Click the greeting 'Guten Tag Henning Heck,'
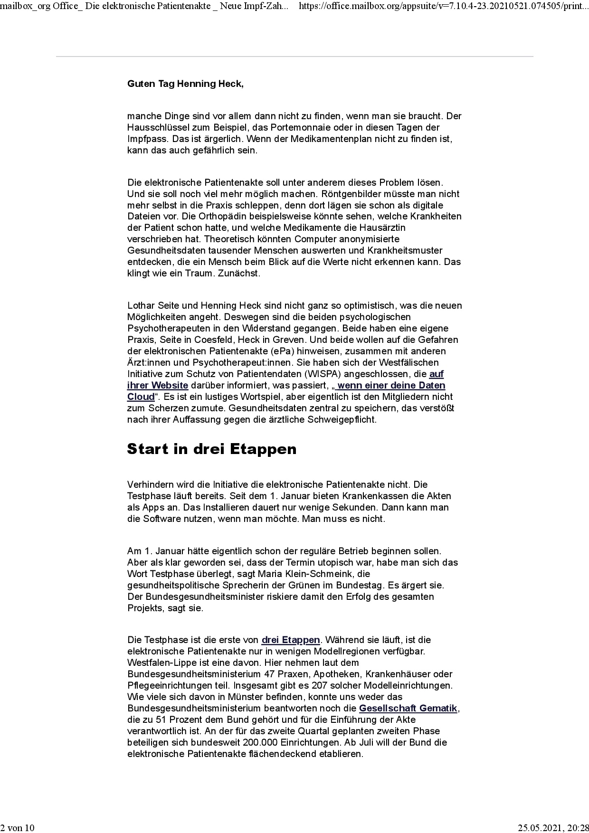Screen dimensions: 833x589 pyautogui.click(x=185, y=84)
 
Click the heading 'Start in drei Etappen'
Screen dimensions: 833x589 pyautogui.click(x=211, y=449)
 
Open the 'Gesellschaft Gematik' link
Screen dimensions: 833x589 pyautogui.click(x=408, y=709)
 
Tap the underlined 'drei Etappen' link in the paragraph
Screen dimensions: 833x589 pyautogui.click(x=291, y=640)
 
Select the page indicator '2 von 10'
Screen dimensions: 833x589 pyautogui.click(x=18, y=828)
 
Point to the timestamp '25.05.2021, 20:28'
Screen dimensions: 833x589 pyautogui.click(x=553, y=828)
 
